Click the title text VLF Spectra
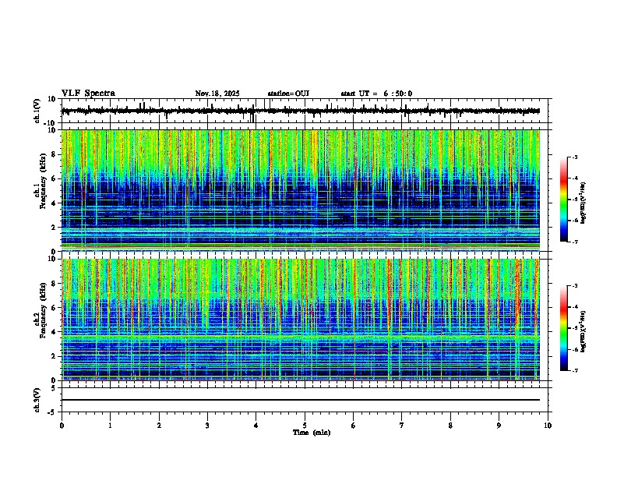tap(88, 94)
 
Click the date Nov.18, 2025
tap(217, 94)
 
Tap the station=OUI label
tap(288, 94)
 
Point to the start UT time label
tap(376, 94)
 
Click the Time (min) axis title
tap(311, 432)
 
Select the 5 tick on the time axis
tap(305, 426)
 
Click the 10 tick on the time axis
tap(548, 426)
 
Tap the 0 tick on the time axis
tap(62, 426)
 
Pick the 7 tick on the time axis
tap(402, 426)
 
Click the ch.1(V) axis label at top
tap(37, 111)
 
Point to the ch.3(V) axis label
tap(37, 399)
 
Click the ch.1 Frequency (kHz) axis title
tap(38, 190)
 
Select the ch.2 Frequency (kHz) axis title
tap(38, 319)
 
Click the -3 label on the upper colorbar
tap(574, 158)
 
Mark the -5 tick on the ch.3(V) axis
tap(55, 411)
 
